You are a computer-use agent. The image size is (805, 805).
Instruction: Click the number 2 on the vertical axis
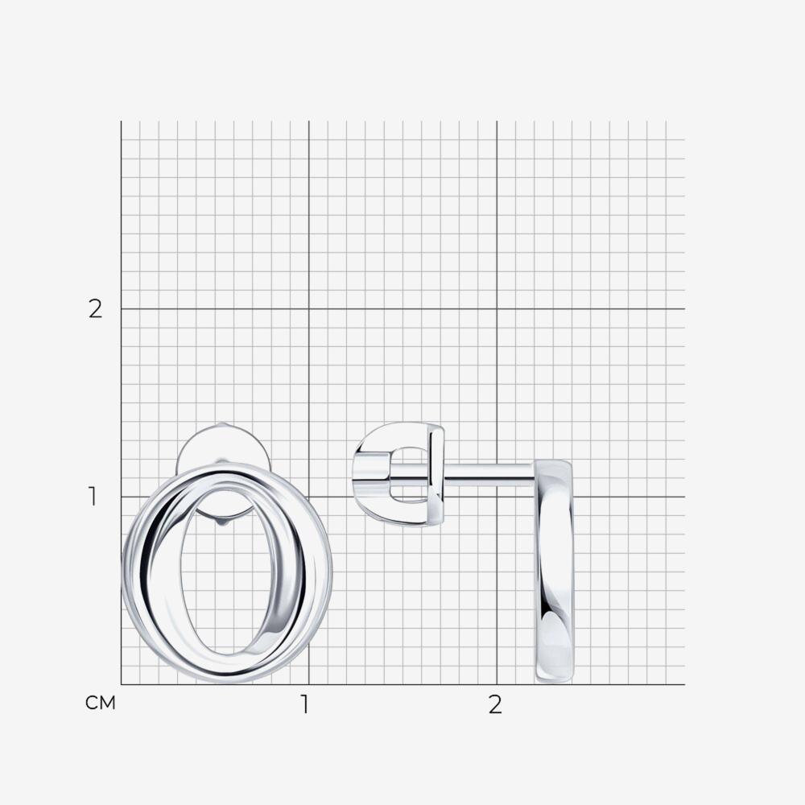point(96,309)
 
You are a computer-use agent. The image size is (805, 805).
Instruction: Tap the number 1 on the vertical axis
point(93,497)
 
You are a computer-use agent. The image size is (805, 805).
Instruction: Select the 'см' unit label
point(101,703)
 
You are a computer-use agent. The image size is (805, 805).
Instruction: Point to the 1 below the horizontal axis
point(305,705)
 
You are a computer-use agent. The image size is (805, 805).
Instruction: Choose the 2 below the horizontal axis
point(495,705)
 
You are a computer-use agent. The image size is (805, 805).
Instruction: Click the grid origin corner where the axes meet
point(122,684)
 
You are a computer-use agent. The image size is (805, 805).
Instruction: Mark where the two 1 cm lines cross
point(308,497)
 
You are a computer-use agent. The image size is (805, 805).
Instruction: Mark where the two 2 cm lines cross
point(497,309)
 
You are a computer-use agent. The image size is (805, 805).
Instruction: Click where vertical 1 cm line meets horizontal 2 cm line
point(308,309)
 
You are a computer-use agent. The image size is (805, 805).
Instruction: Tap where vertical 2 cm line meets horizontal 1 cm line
point(497,497)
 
